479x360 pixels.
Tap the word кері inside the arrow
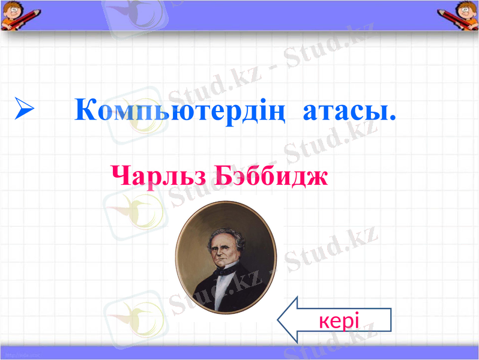340,320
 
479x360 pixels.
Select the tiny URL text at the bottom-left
20,356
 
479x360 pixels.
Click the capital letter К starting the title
86,110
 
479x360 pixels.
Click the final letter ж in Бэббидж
318,176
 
